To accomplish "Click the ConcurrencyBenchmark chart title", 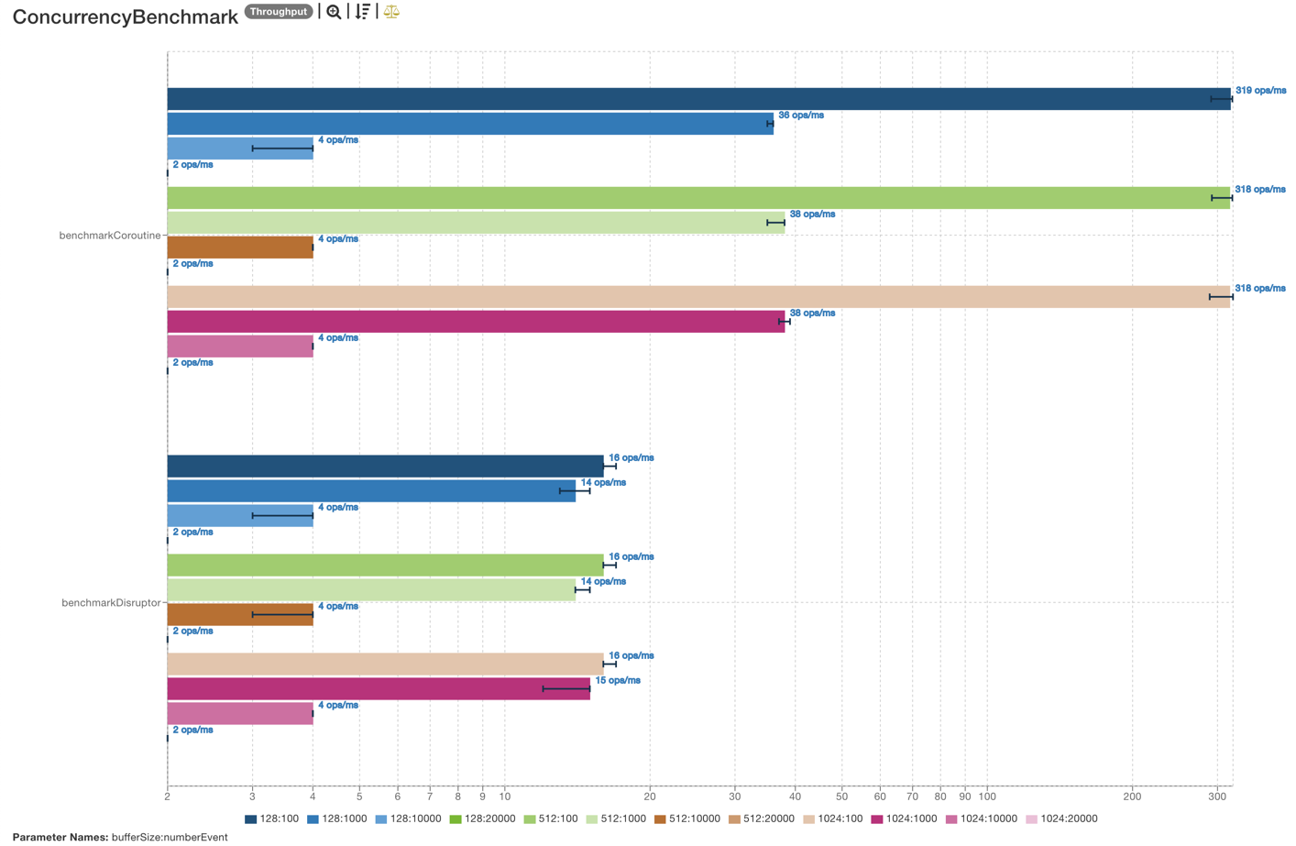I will tap(125, 17).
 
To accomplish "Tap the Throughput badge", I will tap(279, 12).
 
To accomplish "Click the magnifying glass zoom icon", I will tap(334, 12).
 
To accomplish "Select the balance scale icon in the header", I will tap(391, 12).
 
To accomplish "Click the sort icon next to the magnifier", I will tap(363, 12).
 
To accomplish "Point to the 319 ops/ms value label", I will tap(1260, 91).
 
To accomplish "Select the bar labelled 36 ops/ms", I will tap(469, 124).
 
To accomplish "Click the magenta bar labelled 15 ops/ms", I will tap(378, 688).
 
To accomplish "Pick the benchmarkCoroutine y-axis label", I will tap(110, 236).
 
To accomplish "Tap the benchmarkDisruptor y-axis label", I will tap(111, 603).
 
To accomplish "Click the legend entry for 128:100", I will tap(272, 819).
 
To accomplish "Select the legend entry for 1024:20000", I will tap(1060, 819).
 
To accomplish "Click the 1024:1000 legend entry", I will tap(904, 819).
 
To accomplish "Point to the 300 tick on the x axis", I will tap(1217, 797).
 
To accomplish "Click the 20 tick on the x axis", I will tap(650, 797).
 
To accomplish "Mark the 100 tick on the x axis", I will tap(987, 797).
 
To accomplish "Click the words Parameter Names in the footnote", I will tap(60, 837).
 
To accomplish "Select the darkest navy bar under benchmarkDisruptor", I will tap(385, 466).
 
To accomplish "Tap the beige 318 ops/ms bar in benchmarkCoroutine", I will tap(698, 297).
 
